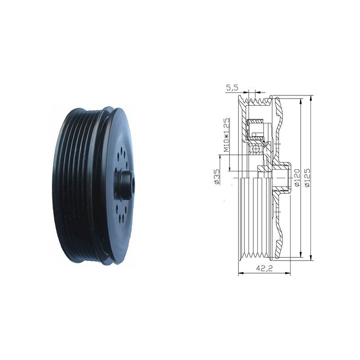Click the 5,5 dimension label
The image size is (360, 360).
[x=233, y=88]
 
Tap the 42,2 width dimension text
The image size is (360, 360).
[x=264, y=268]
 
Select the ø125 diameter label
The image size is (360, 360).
[x=308, y=178]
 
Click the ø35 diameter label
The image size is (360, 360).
[x=217, y=176]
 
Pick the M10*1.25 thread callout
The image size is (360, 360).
[x=227, y=135]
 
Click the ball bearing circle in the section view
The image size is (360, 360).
[x=255, y=150]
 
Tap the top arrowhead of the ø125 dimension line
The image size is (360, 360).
[x=311, y=98]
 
